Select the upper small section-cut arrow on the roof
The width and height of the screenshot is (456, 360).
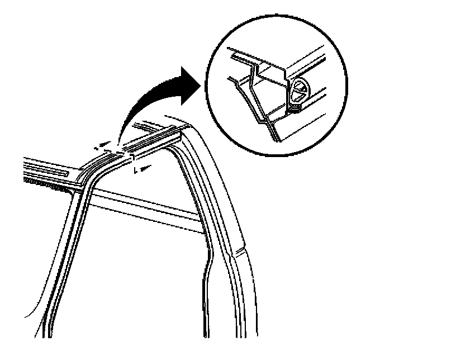coord(101,148)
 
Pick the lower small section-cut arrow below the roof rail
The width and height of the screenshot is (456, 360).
coord(144,167)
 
